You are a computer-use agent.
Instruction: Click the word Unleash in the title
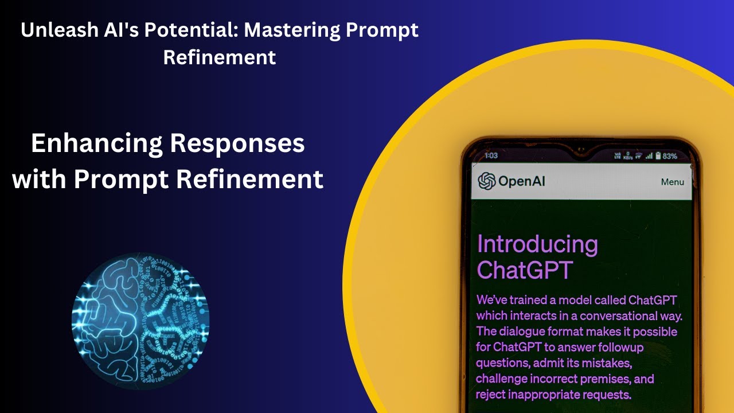coord(51,31)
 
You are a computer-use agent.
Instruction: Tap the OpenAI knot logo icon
coord(487,181)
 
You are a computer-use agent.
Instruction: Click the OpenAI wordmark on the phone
coord(522,181)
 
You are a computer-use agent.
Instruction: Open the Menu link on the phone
coord(672,182)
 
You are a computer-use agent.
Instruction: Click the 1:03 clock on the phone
coord(491,155)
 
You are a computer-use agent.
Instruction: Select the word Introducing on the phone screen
coord(537,244)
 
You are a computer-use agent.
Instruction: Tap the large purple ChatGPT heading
coord(525,270)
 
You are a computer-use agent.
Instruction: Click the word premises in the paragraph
coord(603,379)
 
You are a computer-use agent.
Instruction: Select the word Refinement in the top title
coord(220,57)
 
